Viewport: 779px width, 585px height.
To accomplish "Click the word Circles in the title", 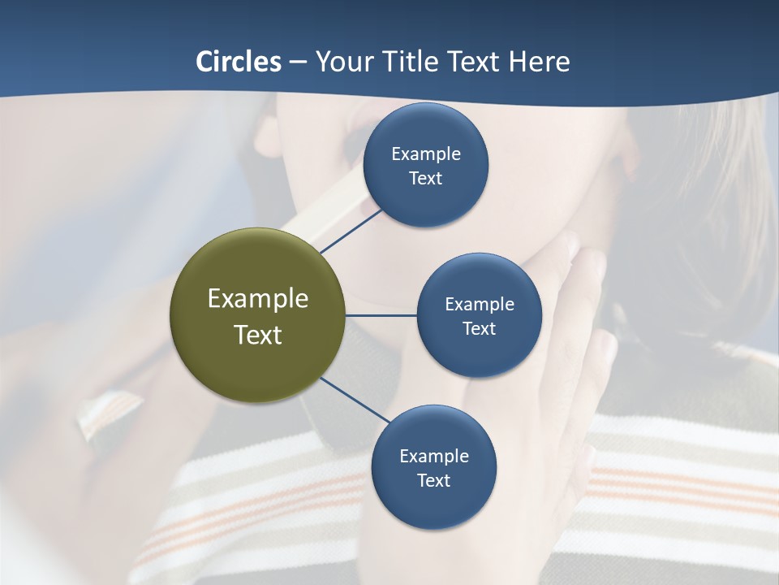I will tap(239, 62).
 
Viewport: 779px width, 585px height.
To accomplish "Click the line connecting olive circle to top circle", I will tap(351, 231).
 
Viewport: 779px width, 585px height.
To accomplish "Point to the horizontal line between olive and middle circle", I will tap(381, 315).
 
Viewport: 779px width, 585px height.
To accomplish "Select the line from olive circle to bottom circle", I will tap(355, 400).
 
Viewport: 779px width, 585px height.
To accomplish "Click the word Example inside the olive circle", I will tap(258, 299).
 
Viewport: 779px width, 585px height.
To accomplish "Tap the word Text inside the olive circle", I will tap(258, 335).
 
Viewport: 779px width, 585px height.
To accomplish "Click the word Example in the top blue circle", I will tap(426, 154).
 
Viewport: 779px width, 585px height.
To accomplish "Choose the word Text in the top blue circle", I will tap(425, 179).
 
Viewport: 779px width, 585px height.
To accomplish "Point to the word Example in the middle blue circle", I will tap(480, 305).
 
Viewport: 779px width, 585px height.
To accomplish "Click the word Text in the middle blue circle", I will tap(479, 329).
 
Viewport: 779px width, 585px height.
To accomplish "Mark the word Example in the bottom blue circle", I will tap(434, 457).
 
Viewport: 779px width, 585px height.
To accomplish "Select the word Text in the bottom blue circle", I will tap(433, 481).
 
